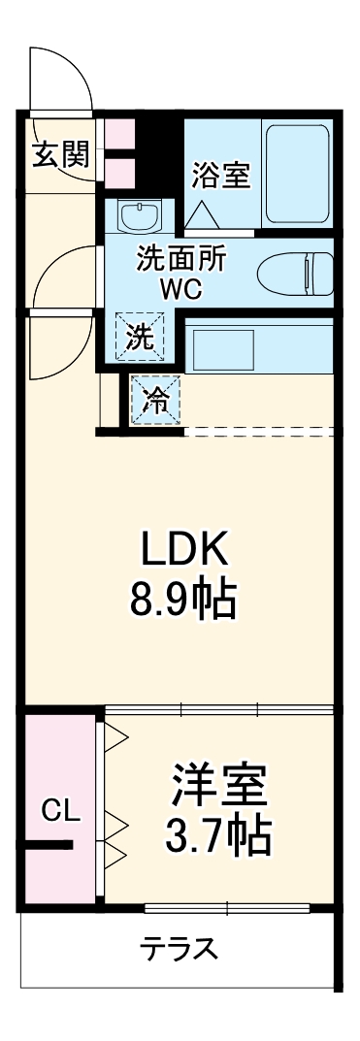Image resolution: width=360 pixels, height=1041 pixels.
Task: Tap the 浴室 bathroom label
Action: (x=221, y=175)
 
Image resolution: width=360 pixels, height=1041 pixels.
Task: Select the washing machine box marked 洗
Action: (x=142, y=338)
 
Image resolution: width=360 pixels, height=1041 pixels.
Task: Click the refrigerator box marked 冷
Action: (x=156, y=401)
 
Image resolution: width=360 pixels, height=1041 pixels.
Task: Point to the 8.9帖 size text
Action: (x=184, y=602)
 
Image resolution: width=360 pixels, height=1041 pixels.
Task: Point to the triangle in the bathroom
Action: (x=202, y=212)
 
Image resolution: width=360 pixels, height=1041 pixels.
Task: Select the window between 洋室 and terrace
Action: (x=226, y=909)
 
